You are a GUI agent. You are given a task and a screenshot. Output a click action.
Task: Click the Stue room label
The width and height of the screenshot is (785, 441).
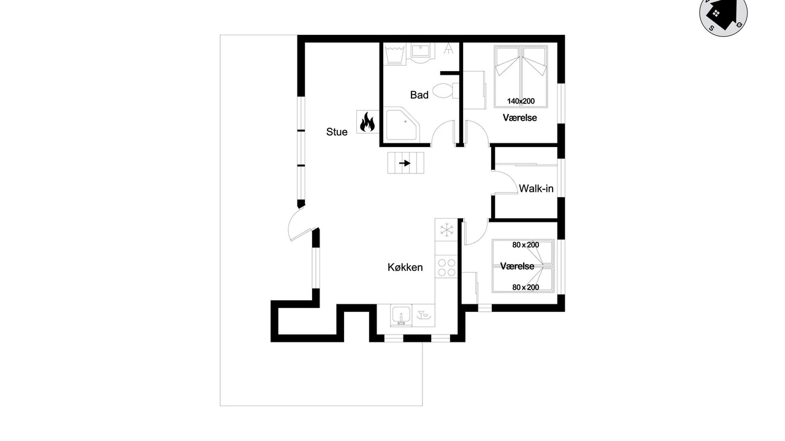[x=337, y=132]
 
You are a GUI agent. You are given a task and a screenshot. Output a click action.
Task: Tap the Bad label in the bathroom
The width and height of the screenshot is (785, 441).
[x=419, y=95]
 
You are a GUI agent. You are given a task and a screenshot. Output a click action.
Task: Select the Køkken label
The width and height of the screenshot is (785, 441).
[x=405, y=268]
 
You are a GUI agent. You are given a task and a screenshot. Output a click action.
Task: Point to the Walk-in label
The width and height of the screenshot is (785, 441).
[x=536, y=189]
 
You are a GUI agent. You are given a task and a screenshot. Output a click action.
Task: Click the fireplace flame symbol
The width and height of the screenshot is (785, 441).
[x=367, y=122]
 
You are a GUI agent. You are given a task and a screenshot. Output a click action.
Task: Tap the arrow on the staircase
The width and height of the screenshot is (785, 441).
[x=405, y=163]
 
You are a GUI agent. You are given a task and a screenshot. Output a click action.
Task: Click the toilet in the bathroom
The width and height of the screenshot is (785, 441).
[x=446, y=91]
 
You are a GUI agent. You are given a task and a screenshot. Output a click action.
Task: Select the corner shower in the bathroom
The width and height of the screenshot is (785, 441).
[x=402, y=124]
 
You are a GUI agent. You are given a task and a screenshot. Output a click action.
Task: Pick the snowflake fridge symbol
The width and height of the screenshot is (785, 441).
[x=446, y=230]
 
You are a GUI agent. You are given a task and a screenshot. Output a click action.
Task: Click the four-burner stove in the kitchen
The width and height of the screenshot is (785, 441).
[x=446, y=268]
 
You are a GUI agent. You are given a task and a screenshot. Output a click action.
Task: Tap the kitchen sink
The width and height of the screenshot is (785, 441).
[x=401, y=315]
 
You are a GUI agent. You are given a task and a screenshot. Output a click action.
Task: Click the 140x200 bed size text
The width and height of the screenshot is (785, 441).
[x=521, y=101]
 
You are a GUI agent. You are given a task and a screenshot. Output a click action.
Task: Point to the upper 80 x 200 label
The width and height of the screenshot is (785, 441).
[x=526, y=245]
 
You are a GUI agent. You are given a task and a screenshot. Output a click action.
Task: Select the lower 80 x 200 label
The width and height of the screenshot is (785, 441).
[x=526, y=287]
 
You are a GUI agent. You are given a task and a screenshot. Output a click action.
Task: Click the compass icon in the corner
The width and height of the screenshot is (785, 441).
[x=723, y=14]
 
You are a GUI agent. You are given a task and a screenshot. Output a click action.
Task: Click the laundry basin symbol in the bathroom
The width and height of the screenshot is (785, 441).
[x=394, y=53]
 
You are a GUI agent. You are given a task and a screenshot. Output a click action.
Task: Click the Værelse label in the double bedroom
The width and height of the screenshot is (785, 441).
[x=519, y=118]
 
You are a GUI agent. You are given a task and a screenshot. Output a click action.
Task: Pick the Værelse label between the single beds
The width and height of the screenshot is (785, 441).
[x=517, y=266]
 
